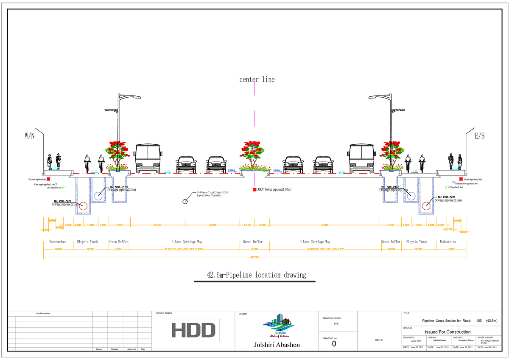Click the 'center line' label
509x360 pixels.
click(257, 79)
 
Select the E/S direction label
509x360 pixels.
click(480, 136)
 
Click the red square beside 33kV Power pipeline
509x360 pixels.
click(255, 189)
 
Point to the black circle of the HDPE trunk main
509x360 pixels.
click(185, 201)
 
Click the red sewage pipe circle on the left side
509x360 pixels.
click(83, 206)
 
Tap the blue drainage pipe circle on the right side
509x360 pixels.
click(411, 196)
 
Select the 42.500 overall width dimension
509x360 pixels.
click(255, 257)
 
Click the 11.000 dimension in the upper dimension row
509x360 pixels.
click(324, 225)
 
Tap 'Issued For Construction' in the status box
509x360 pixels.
click(447, 332)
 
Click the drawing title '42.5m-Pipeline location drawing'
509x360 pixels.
click(256, 275)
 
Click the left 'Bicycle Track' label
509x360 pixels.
click(87, 242)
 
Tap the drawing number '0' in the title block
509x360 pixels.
click(334, 344)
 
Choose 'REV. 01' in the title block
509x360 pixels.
click(379, 340)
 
